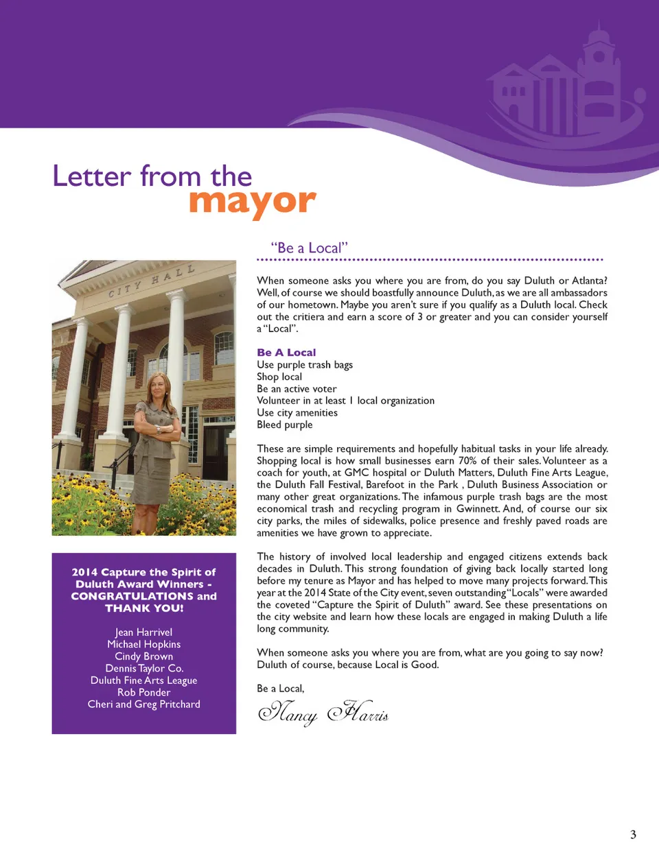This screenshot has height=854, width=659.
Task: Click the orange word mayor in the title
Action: coord(252,202)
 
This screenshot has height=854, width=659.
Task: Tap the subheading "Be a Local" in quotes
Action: coord(309,248)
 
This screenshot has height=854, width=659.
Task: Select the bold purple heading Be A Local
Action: coord(286,353)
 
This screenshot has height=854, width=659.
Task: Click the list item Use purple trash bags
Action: coord(305,365)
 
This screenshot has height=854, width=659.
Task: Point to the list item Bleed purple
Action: coord(284,425)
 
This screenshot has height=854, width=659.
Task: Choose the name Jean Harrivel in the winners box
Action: coord(143,632)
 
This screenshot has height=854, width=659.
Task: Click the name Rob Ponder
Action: coord(143,693)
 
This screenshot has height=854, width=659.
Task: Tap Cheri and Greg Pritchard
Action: coord(143,704)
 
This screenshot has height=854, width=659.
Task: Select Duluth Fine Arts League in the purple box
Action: coord(143,680)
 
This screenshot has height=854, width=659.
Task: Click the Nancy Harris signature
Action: coord(323,713)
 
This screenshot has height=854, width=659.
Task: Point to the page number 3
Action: coord(633,835)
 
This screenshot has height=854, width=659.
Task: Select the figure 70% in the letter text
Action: coord(468,461)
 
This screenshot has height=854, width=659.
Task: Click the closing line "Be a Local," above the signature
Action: coord(280,689)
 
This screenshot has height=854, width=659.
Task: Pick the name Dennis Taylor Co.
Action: coord(143,669)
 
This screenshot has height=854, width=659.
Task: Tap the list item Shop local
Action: coord(279,377)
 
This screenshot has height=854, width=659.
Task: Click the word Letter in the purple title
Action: coord(91,176)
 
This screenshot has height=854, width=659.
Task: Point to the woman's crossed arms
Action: coord(159,431)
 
